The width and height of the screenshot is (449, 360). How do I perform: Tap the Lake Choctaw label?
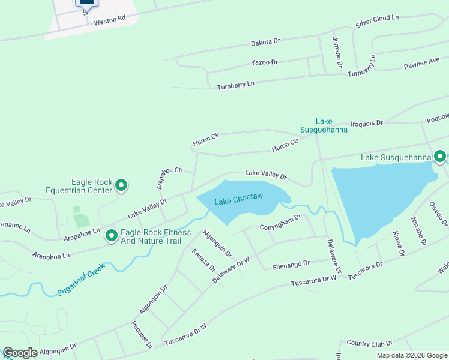coord(238,199)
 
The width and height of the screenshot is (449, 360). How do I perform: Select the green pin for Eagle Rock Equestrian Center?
coord(121,186)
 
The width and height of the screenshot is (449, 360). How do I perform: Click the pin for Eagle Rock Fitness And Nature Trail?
coord(111,236)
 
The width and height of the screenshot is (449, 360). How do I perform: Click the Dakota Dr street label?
coord(265,43)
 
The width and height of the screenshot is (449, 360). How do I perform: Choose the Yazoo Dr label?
coord(264,62)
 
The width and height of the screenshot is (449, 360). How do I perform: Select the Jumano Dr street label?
coord(339,52)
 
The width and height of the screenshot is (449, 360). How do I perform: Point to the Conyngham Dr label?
coord(280,223)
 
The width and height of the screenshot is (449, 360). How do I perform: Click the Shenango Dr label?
coord(291,263)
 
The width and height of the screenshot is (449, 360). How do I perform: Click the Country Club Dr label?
coord(369,343)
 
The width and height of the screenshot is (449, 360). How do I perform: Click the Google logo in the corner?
coord(20,353)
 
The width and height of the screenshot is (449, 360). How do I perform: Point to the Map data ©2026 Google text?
coord(411,355)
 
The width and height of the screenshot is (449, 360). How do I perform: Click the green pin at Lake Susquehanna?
coord(439,157)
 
